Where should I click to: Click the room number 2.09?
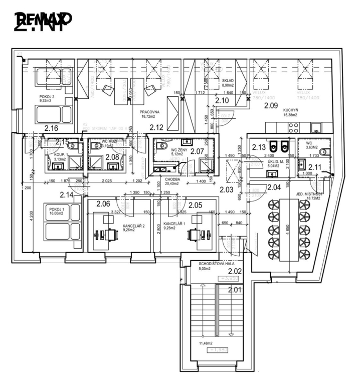click(x=271, y=105)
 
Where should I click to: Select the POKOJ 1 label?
click(x=57, y=208)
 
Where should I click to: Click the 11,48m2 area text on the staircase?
click(x=206, y=343)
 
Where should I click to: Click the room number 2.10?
click(x=222, y=101)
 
